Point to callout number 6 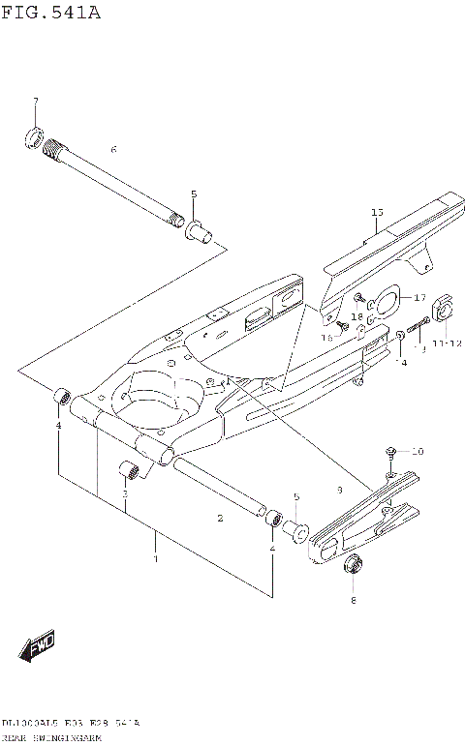113,150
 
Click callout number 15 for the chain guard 377,212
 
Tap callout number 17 419,297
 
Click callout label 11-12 448,343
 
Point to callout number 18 356,316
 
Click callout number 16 327,337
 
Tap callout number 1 155,558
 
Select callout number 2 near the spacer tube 220,519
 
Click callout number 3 125,493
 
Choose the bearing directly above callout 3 130,470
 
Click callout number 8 353,600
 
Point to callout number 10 418,451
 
